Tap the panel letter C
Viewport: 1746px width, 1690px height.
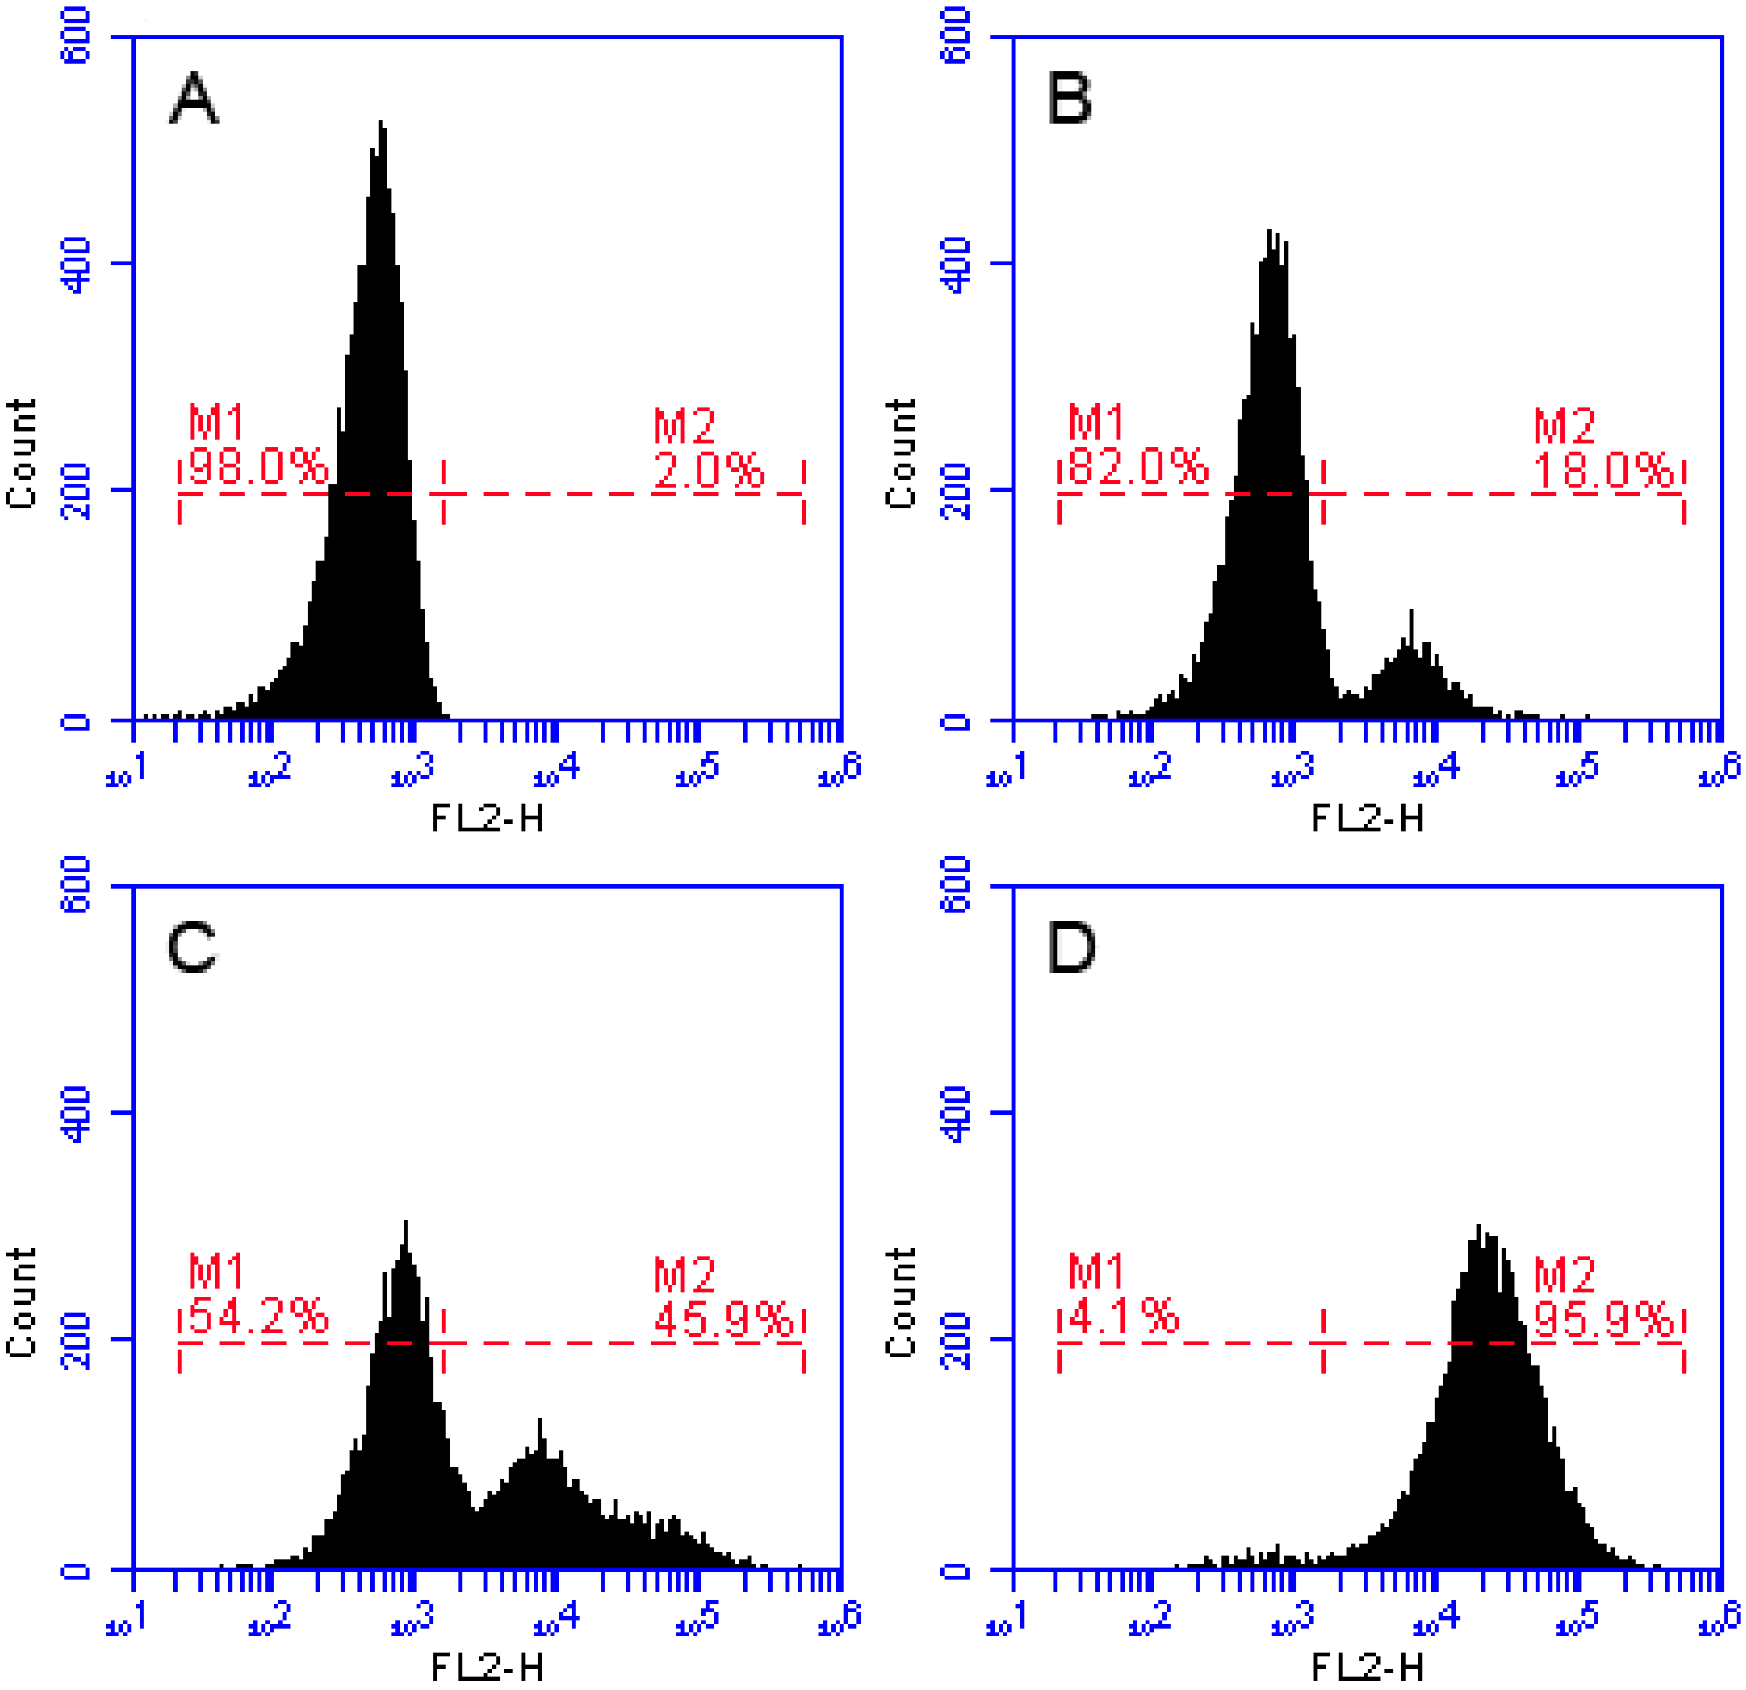(x=193, y=947)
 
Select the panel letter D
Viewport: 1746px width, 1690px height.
(x=1071, y=947)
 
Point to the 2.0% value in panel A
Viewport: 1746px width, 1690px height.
(x=709, y=470)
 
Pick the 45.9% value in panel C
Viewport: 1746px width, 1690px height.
(x=724, y=1318)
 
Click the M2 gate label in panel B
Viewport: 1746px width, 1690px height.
(x=1563, y=426)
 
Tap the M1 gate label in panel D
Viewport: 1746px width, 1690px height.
(x=1097, y=1271)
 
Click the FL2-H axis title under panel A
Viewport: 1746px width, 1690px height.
(x=487, y=818)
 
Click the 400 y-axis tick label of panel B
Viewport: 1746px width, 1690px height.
(x=957, y=265)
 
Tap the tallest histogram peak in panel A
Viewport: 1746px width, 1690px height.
(x=381, y=125)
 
